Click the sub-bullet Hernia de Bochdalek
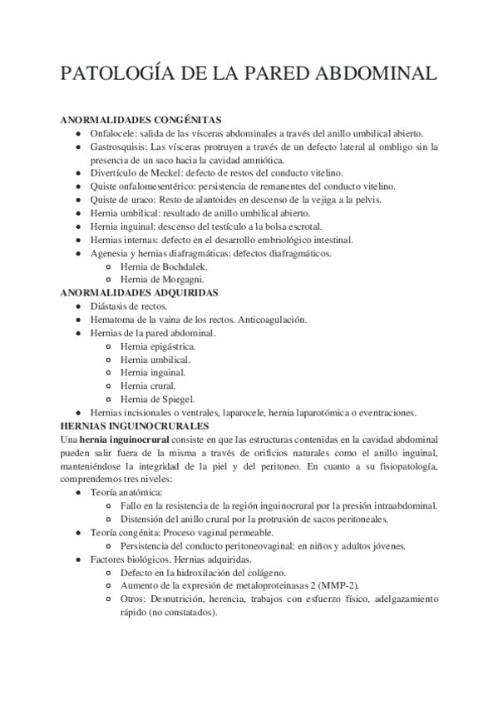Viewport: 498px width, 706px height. (158, 266)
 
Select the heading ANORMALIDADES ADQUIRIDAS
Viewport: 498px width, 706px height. (139, 293)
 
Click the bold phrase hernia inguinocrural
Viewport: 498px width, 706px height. (124, 439)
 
